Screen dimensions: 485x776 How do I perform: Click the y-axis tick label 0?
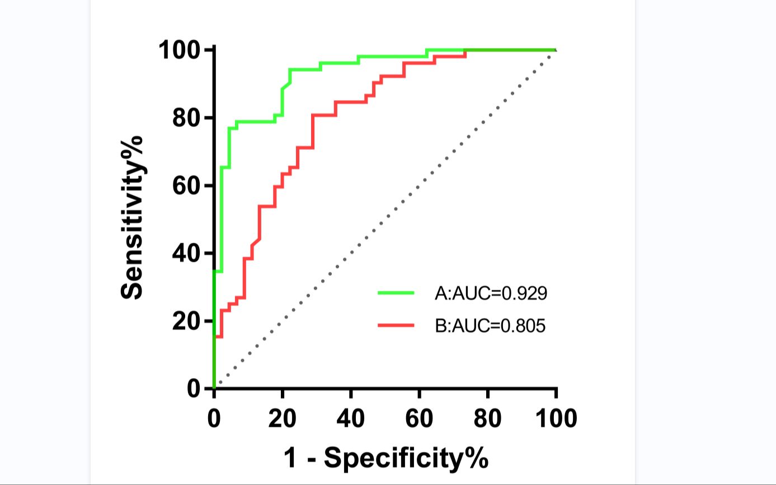(194, 389)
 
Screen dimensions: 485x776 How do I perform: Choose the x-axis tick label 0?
(214, 418)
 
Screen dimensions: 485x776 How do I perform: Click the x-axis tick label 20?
(283, 418)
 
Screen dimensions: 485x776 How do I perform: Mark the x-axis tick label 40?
(351, 418)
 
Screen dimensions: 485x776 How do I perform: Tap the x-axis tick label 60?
(420, 418)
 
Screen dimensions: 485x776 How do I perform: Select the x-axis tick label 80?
(488, 418)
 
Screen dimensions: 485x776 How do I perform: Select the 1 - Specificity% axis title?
(385, 458)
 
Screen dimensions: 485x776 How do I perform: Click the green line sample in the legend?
(396, 293)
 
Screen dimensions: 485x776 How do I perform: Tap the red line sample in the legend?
(396, 324)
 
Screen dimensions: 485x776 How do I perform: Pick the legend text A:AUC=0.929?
(490, 293)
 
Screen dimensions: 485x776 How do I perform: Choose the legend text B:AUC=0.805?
(490, 325)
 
